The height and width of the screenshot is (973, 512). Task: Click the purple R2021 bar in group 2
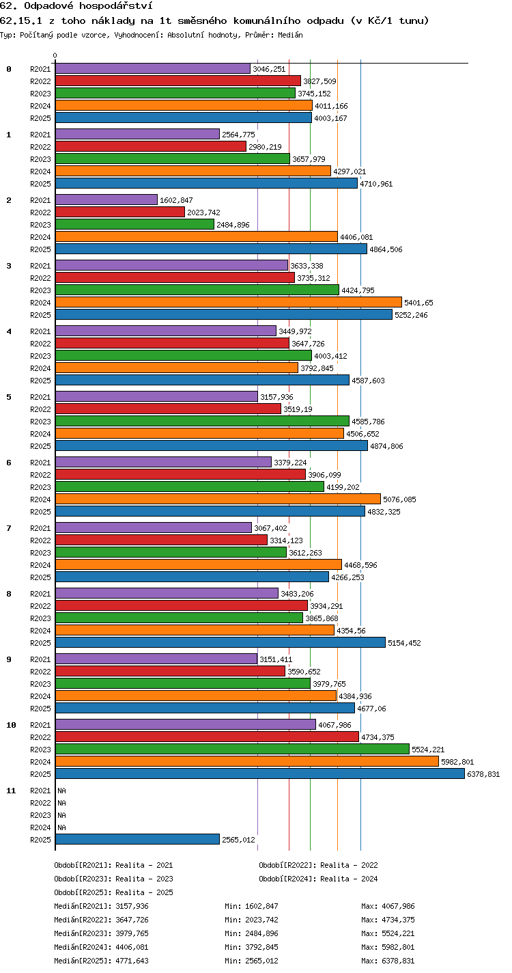click(x=106, y=200)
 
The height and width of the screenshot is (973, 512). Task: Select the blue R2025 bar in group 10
click(x=260, y=773)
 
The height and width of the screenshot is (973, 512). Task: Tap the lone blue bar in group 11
click(x=137, y=839)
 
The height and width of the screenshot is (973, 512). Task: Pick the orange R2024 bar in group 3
click(x=229, y=302)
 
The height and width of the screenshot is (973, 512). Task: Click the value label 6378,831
click(x=483, y=774)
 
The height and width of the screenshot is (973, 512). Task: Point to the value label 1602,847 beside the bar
click(x=176, y=200)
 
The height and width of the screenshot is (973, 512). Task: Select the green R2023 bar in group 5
click(x=202, y=421)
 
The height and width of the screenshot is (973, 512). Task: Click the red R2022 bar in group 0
click(x=178, y=81)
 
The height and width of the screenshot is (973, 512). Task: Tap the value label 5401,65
click(x=418, y=303)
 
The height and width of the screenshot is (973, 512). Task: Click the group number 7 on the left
click(x=9, y=528)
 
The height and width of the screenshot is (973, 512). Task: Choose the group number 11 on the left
click(x=11, y=791)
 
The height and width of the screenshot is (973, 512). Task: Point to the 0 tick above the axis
click(x=55, y=55)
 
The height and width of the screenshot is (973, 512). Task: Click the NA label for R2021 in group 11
click(x=61, y=791)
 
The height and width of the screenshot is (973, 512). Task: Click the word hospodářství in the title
click(x=116, y=6)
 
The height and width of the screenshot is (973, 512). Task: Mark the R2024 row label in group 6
click(x=40, y=499)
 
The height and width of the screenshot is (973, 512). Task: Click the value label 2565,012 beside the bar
click(x=238, y=840)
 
